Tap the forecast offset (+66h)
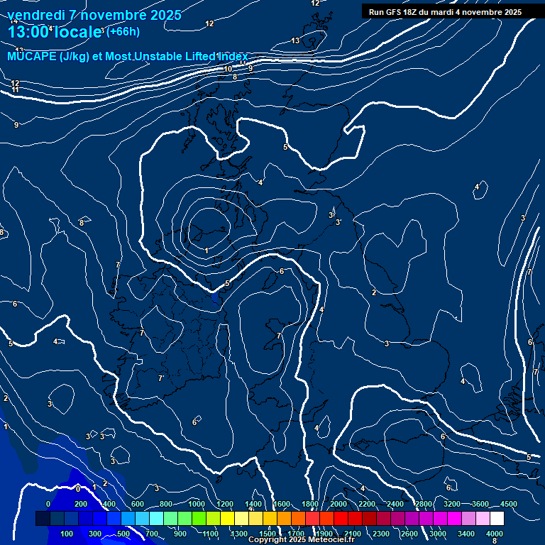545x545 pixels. coord(123,31)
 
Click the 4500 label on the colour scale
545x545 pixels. coord(508,504)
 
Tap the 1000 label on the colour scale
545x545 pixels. coord(197,504)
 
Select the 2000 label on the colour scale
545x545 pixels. coord(338,504)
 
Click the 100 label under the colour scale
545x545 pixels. coord(67,533)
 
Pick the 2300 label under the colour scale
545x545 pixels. coord(381,533)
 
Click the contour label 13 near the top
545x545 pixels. coord(295,40)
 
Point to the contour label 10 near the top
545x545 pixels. coord(228,69)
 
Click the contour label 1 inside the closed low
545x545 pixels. coord(207,251)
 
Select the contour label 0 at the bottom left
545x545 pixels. coord(78,488)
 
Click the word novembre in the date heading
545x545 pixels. coord(109,15)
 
